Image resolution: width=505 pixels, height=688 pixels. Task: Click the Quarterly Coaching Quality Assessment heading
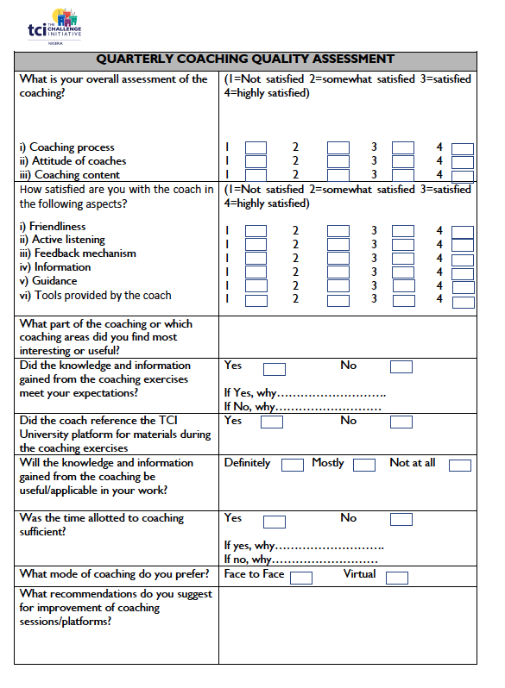point(245,59)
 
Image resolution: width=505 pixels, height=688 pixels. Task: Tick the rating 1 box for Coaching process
point(256,148)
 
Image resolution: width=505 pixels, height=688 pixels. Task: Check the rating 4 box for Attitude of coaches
point(463,162)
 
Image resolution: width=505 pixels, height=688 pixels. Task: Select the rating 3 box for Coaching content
point(403,175)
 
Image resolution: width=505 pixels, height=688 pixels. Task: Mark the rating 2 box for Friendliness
point(338,231)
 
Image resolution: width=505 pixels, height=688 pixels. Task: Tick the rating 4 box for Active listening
point(463,245)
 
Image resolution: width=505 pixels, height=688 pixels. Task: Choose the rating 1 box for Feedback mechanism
point(256,259)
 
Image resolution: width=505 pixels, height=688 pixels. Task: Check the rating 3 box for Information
point(403,272)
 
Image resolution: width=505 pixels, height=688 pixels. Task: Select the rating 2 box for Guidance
point(338,286)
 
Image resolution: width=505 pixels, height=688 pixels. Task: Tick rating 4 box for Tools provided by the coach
point(463,301)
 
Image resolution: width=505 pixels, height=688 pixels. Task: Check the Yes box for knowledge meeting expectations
point(274,369)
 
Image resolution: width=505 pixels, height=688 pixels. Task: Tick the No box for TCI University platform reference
point(401,422)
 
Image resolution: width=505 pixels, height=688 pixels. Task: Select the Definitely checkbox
point(293,466)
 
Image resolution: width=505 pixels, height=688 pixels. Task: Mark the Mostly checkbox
point(364,466)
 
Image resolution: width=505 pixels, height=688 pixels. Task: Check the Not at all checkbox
point(460,466)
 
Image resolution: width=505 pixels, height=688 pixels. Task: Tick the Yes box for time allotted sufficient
point(274,521)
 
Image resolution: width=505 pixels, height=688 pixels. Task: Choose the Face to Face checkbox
point(301,578)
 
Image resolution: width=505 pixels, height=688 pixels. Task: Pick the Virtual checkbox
point(396,578)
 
